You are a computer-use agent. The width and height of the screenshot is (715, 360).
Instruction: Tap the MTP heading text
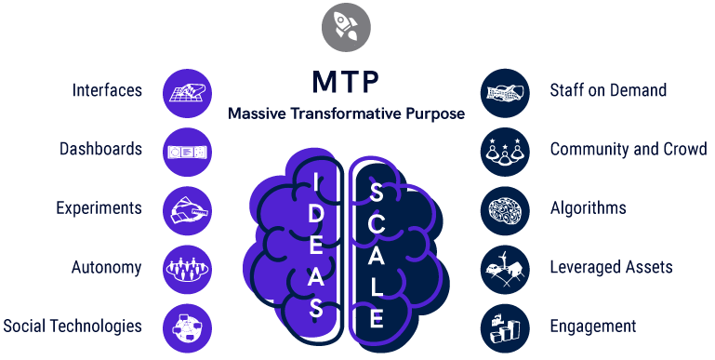click(345, 82)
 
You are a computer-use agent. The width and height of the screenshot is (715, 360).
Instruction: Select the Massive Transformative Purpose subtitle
click(346, 113)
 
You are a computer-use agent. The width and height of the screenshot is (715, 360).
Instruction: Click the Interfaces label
click(108, 90)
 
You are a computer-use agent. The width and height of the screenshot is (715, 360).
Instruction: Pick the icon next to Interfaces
click(187, 92)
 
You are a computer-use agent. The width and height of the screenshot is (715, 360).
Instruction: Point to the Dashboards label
click(100, 149)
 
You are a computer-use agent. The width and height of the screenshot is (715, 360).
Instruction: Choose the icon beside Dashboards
click(187, 151)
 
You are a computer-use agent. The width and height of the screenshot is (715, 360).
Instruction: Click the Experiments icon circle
click(187, 209)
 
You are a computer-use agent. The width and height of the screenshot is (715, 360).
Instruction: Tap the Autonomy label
click(107, 268)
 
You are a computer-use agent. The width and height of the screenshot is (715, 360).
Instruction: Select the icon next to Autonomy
click(187, 269)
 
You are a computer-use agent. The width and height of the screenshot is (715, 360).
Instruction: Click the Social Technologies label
click(73, 327)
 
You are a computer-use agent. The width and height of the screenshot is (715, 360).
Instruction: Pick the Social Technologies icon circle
click(187, 327)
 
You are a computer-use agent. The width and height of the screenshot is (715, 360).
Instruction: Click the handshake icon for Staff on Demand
click(505, 91)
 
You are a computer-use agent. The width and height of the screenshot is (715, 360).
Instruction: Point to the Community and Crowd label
click(629, 149)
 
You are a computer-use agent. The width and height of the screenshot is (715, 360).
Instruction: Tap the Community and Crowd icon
click(505, 151)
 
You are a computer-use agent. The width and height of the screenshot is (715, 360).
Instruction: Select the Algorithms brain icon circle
click(505, 209)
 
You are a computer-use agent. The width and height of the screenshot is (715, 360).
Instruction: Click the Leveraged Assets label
click(611, 268)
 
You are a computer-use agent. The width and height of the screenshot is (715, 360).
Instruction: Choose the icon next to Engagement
click(505, 327)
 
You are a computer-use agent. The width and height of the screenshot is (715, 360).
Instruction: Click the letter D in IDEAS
click(318, 211)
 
